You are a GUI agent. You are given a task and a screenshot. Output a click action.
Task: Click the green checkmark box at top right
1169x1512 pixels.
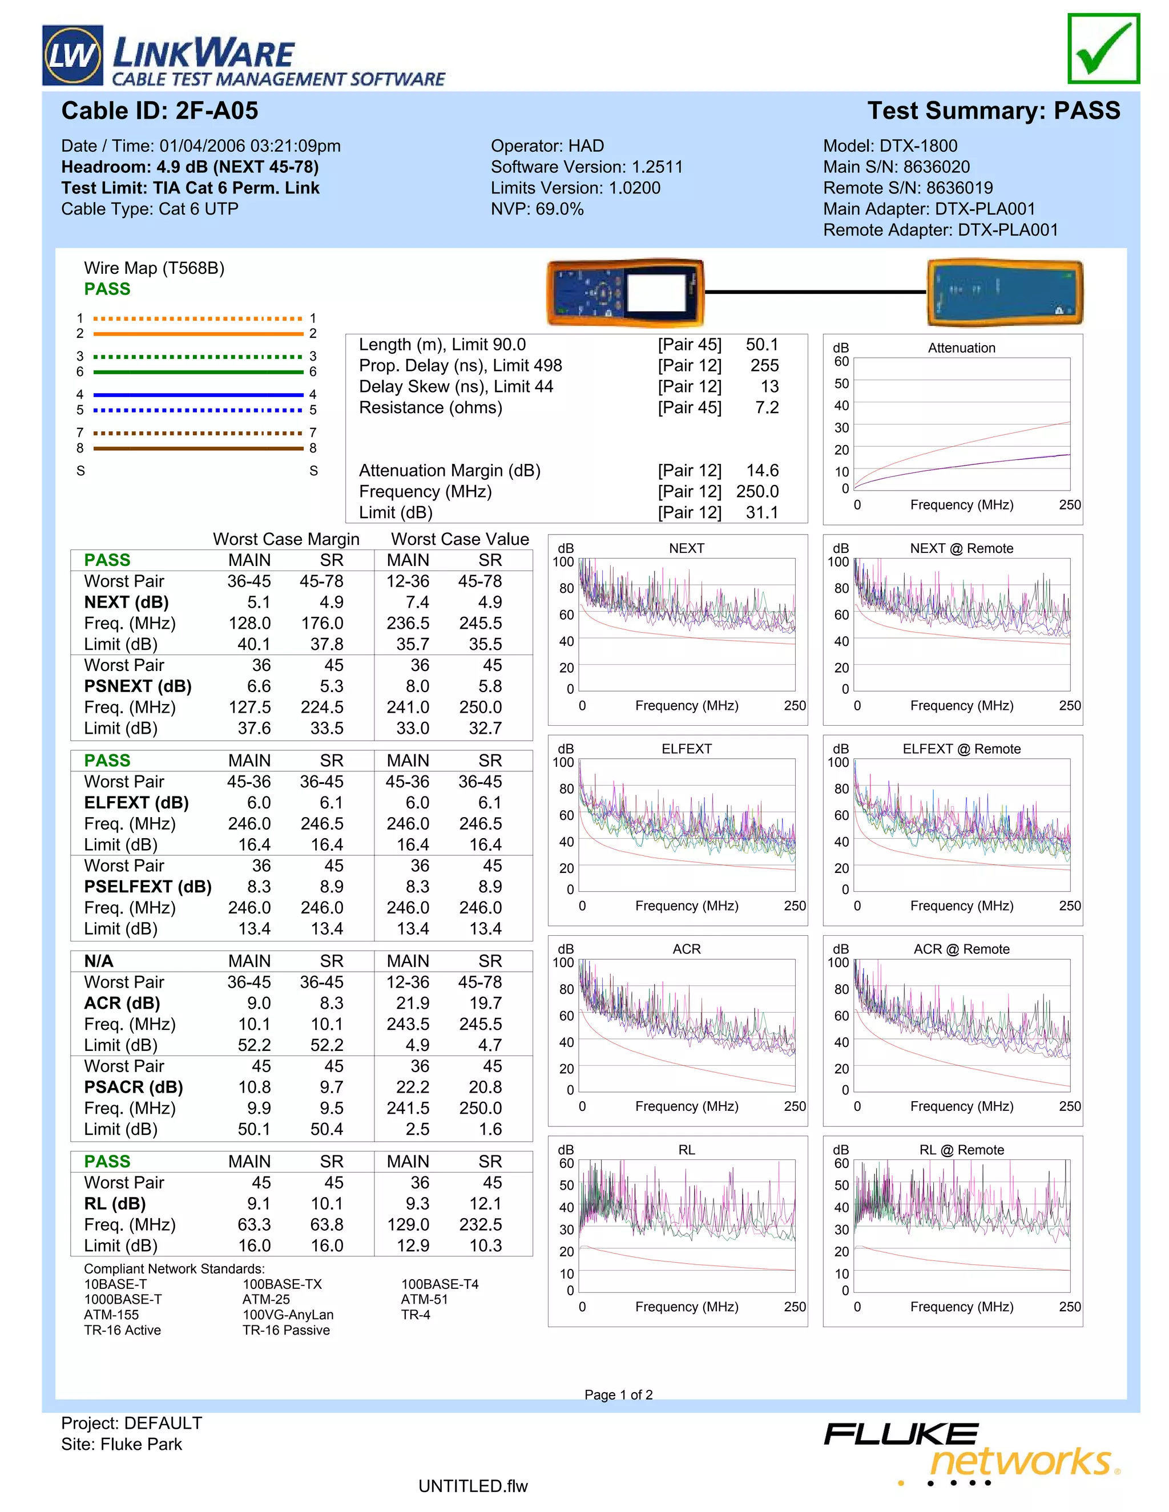(x=1103, y=48)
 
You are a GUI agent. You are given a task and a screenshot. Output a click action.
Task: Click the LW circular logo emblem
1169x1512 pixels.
(x=72, y=55)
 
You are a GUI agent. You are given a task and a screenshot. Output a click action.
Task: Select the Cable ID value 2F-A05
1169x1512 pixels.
(x=217, y=111)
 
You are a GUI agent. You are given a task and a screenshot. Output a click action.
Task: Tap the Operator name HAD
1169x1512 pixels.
(x=586, y=146)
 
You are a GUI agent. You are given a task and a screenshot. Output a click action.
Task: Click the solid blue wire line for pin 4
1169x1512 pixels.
(x=198, y=395)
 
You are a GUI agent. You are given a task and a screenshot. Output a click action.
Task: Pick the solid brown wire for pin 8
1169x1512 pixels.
(x=198, y=448)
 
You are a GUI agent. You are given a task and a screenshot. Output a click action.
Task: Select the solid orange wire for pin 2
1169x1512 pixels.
(x=198, y=334)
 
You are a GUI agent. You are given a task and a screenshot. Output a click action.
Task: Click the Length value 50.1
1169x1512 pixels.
(x=762, y=345)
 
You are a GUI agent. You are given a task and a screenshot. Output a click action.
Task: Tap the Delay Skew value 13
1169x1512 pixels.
(x=769, y=386)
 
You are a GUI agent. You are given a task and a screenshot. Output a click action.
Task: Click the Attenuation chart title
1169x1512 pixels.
(x=961, y=348)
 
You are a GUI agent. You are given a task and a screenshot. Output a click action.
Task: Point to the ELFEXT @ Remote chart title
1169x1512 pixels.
(x=961, y=749)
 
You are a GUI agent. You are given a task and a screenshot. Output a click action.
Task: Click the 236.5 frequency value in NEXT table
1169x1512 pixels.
(x=408, y=623)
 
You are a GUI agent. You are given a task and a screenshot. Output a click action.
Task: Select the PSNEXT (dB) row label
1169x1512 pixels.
(x=138, y=686)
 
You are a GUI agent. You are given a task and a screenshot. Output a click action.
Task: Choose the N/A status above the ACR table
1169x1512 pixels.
(x=99, y=961)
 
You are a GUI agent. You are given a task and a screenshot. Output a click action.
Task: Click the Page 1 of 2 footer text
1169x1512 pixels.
(x=618, y=1394)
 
